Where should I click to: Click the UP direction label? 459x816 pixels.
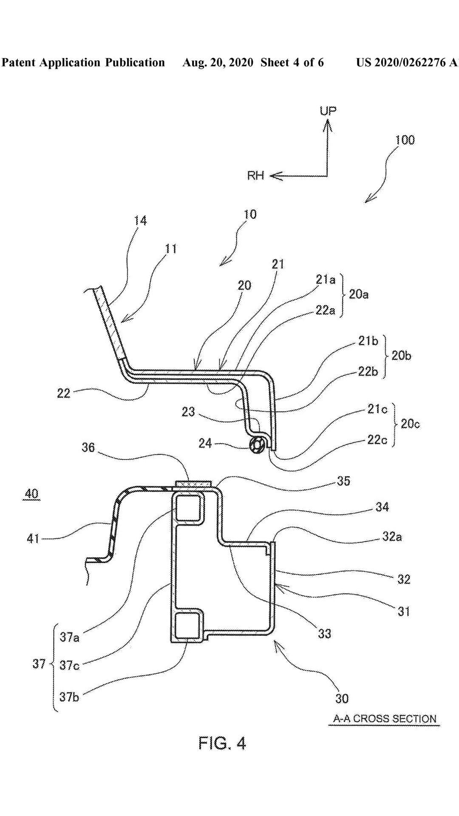(x=328, y=111)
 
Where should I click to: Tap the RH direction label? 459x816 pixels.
(x=255, y=176)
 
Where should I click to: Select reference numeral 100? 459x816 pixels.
(x=405, y=140)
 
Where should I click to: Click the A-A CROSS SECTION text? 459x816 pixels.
(x=385, y=719)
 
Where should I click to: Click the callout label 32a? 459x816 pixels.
(x=392, y=537)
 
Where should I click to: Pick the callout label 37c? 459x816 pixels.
(x=69, y=665)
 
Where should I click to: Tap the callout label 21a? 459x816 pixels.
(x=325, y=279)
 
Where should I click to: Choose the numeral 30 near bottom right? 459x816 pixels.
(x=342, y=698)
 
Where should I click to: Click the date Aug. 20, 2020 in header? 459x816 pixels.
(x=218, y=63)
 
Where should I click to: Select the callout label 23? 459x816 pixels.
(x=188, y=411)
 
